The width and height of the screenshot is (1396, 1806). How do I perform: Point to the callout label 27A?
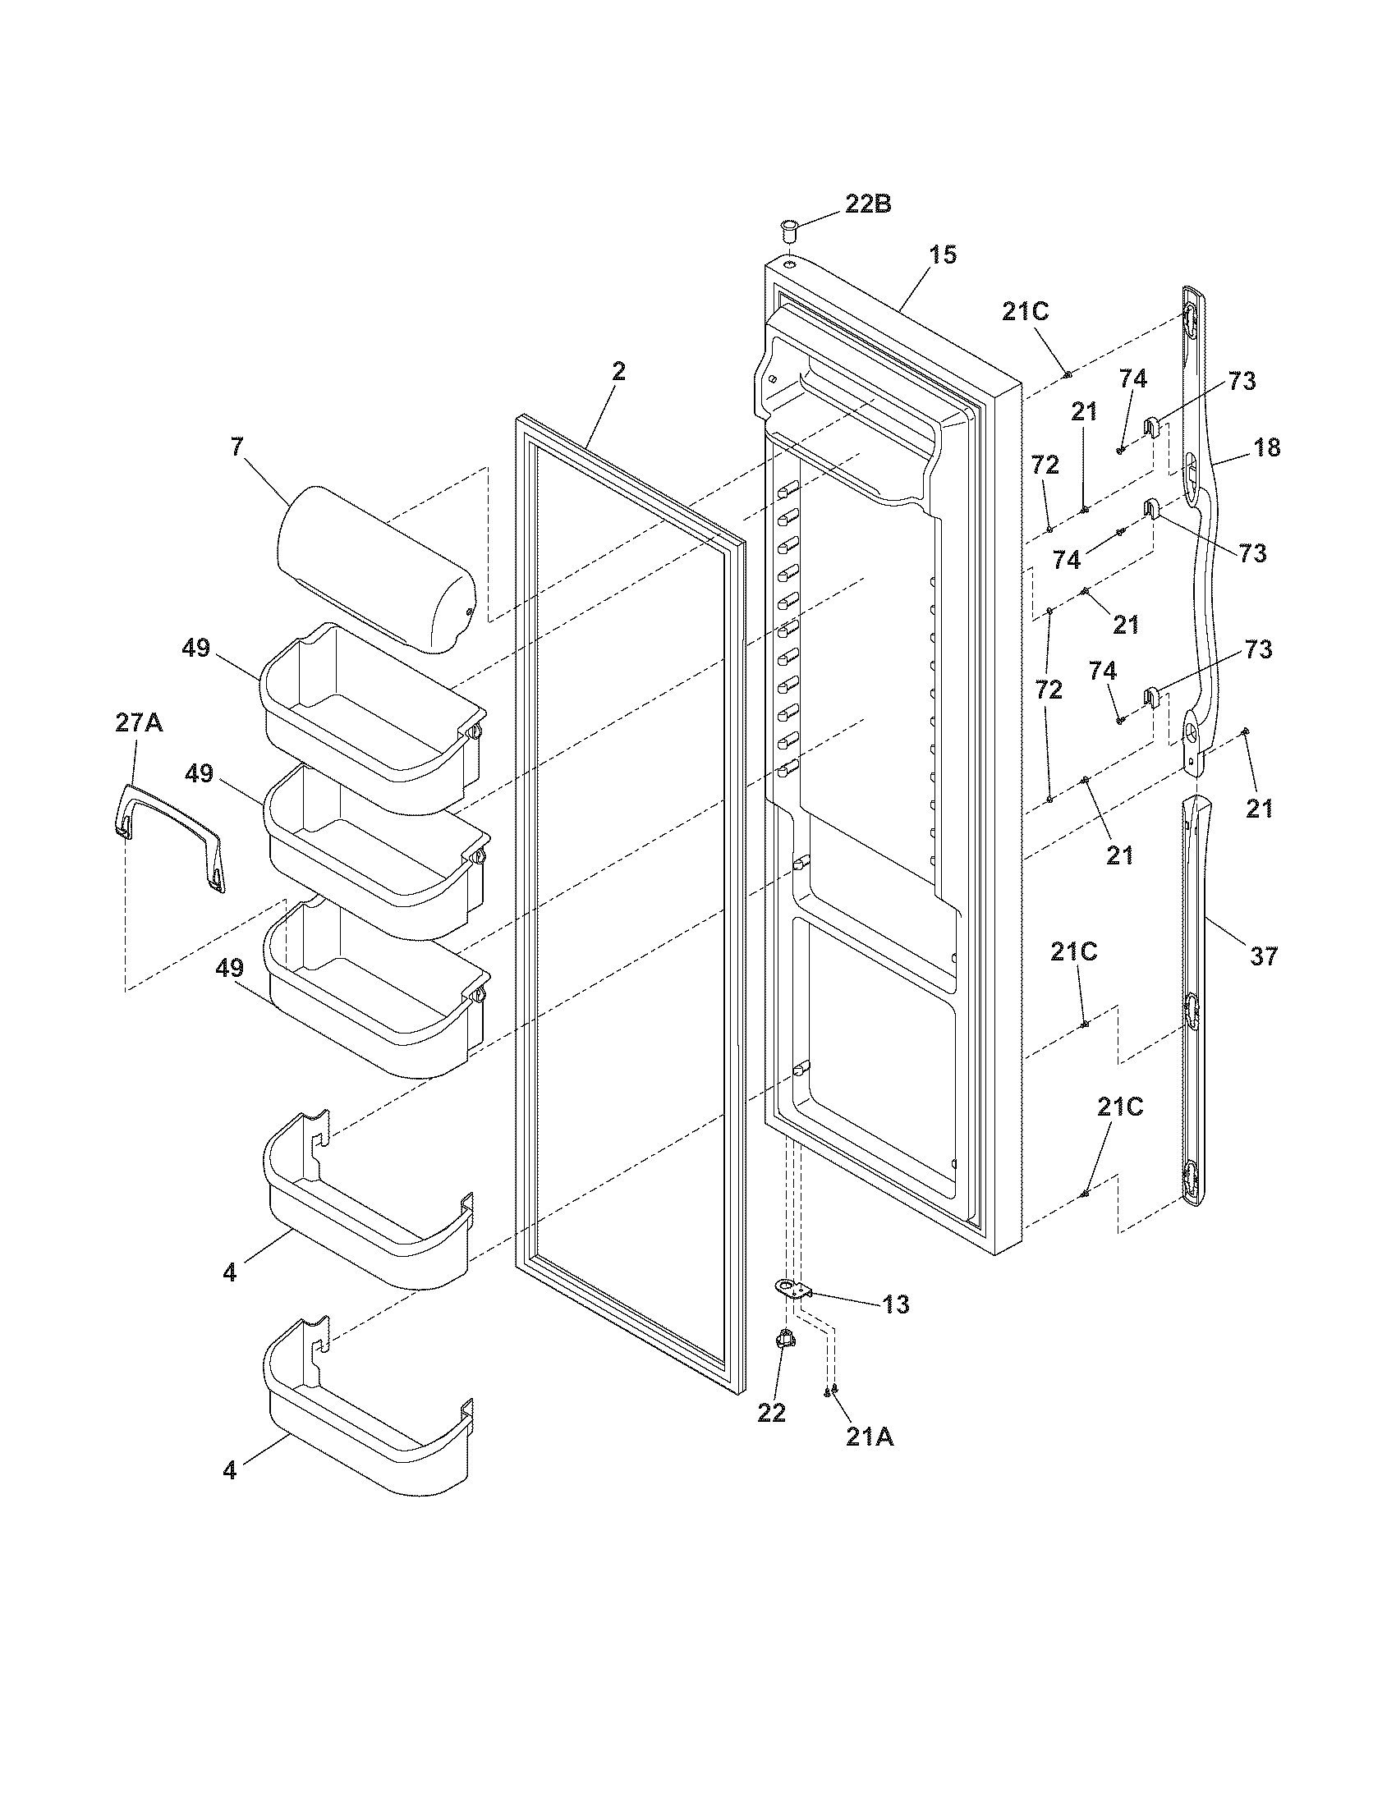point(138,723)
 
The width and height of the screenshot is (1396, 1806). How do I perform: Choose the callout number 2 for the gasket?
point(618,372)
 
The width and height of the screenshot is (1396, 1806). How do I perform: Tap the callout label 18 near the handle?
point(1266,447)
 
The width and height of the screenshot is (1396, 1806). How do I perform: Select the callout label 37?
point(1263,956)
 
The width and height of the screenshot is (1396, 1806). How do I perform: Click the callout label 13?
point(895,1304)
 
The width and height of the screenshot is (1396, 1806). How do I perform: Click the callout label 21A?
point(869,1437)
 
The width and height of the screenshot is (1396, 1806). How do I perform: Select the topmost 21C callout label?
point(1025,312)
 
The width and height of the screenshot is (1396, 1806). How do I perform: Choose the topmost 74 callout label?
point(1132,378)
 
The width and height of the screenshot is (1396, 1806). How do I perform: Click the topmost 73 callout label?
point(1242,381)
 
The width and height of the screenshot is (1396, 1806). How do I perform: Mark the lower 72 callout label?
point(1048,690)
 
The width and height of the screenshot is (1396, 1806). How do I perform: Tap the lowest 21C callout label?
point(1120,1107)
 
